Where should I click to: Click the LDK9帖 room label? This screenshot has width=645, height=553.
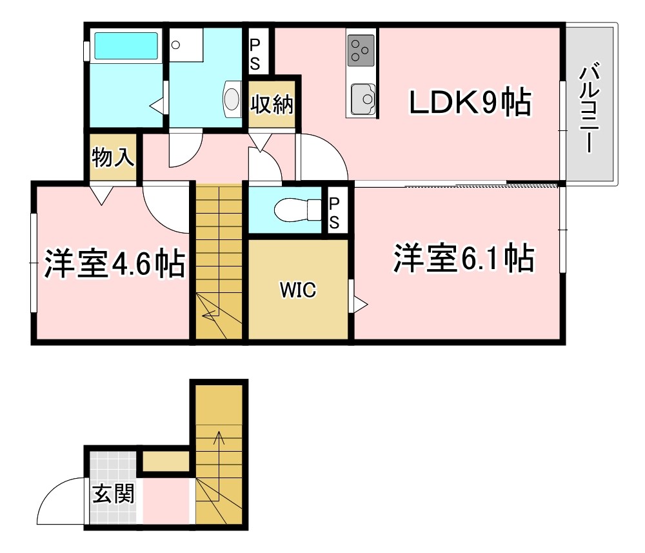(470, 103)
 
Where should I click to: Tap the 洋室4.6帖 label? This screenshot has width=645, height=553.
(114, 263)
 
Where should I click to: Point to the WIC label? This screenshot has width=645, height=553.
(297, 290)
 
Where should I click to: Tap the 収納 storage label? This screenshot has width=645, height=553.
(272, 104)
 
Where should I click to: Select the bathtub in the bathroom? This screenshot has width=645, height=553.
(126, 46)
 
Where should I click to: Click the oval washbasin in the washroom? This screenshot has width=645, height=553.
(232, 99)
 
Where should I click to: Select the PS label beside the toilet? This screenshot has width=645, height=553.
(335, 212)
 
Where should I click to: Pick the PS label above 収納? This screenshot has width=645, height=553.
(255, 54)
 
